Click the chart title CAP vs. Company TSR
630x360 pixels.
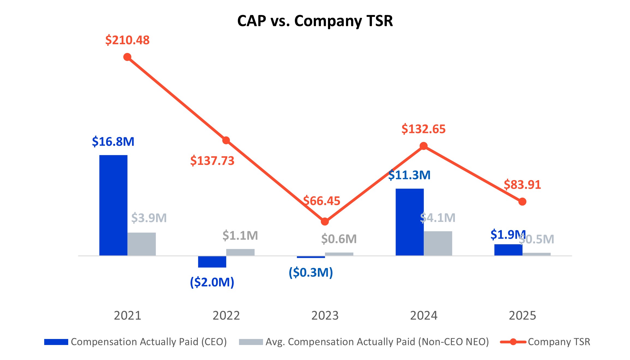[315, 21]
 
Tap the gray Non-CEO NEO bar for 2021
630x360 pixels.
[142, 244]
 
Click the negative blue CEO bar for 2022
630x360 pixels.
[212, 262]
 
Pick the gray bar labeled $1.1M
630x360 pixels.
[240, 252]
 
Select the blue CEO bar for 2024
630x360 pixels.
[410, 222]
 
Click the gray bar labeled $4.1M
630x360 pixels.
[438, 243]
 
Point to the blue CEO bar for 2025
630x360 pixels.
[508, 250]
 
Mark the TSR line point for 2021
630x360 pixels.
[127, 57]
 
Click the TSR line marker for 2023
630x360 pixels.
[325, 222]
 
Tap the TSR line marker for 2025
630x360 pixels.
[522, 202]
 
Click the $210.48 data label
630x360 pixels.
[127, 40]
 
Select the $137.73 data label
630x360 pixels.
[212, 161]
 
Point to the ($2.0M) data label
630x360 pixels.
[212, 282]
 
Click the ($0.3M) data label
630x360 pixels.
[311, 272]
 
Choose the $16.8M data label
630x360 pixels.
[113, 142]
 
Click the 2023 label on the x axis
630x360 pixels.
[325, 316]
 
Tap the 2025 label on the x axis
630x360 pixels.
[522, 316]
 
